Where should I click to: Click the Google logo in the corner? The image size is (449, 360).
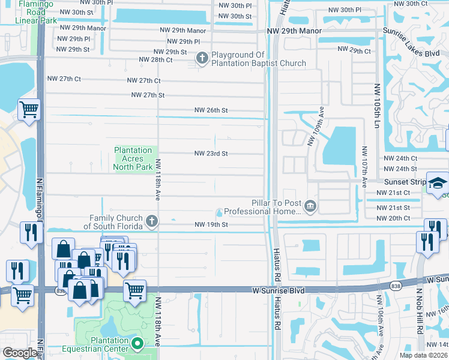19,353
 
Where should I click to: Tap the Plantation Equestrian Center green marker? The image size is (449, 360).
137,344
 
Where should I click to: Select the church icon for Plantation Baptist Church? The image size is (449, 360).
202,58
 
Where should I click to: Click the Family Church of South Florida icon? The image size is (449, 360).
152,221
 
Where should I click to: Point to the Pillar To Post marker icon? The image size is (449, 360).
310,207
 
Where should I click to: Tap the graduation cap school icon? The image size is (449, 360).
438,182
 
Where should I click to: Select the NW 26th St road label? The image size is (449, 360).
211,110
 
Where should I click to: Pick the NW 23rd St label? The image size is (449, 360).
211,154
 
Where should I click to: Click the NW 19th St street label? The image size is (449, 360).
211,224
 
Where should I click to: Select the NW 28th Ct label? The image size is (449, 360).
155,60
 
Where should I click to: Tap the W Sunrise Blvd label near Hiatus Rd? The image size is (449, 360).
277,290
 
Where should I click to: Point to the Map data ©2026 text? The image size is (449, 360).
424,355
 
